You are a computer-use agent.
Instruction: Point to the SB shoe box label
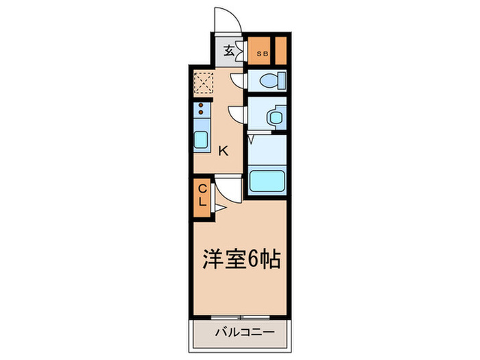coord(261,52)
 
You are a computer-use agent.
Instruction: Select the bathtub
coord(267,182)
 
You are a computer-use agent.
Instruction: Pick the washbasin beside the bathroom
coord(276,117)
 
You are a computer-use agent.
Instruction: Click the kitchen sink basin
coord(202,140)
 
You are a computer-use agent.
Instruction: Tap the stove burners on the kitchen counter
coord(201,108)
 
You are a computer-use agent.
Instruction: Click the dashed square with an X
coord(203,84)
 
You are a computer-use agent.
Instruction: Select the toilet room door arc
coord(238,82)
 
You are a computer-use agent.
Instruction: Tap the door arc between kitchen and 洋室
coord(228,188)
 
